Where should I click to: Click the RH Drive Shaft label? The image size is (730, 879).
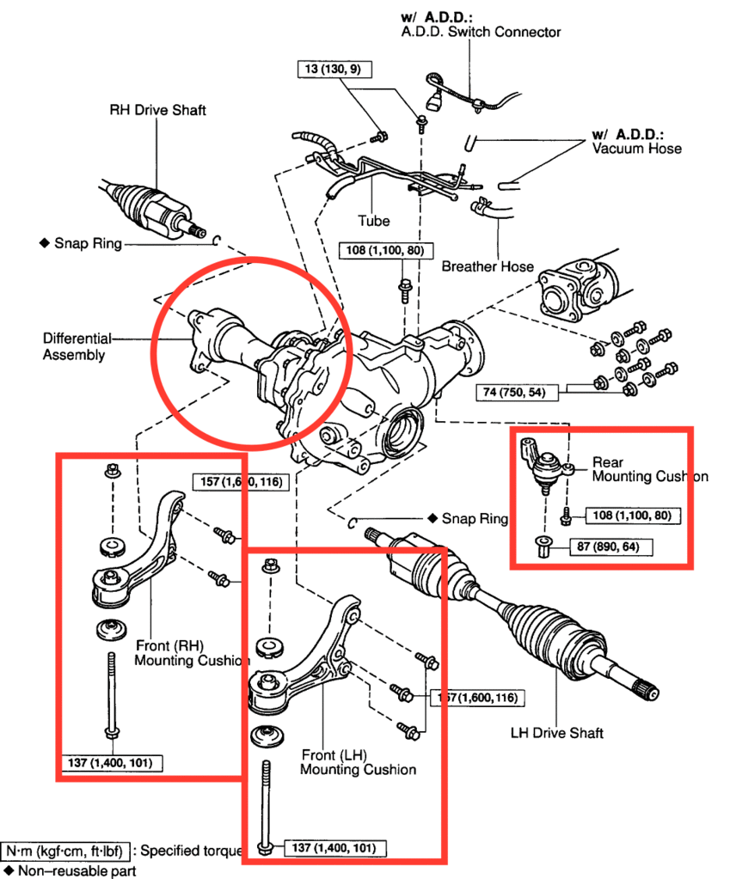tap(157, 110)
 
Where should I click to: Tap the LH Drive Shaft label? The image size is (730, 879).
tap(556, 733)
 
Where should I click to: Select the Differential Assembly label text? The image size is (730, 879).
tap(74, 346)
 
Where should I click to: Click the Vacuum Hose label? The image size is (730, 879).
tap(636, 149)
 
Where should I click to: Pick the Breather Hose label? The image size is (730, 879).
tap(488, 266)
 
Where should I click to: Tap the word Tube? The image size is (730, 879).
tap(374, 221)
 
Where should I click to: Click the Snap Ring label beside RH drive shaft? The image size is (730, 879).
tap(90, 243)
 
